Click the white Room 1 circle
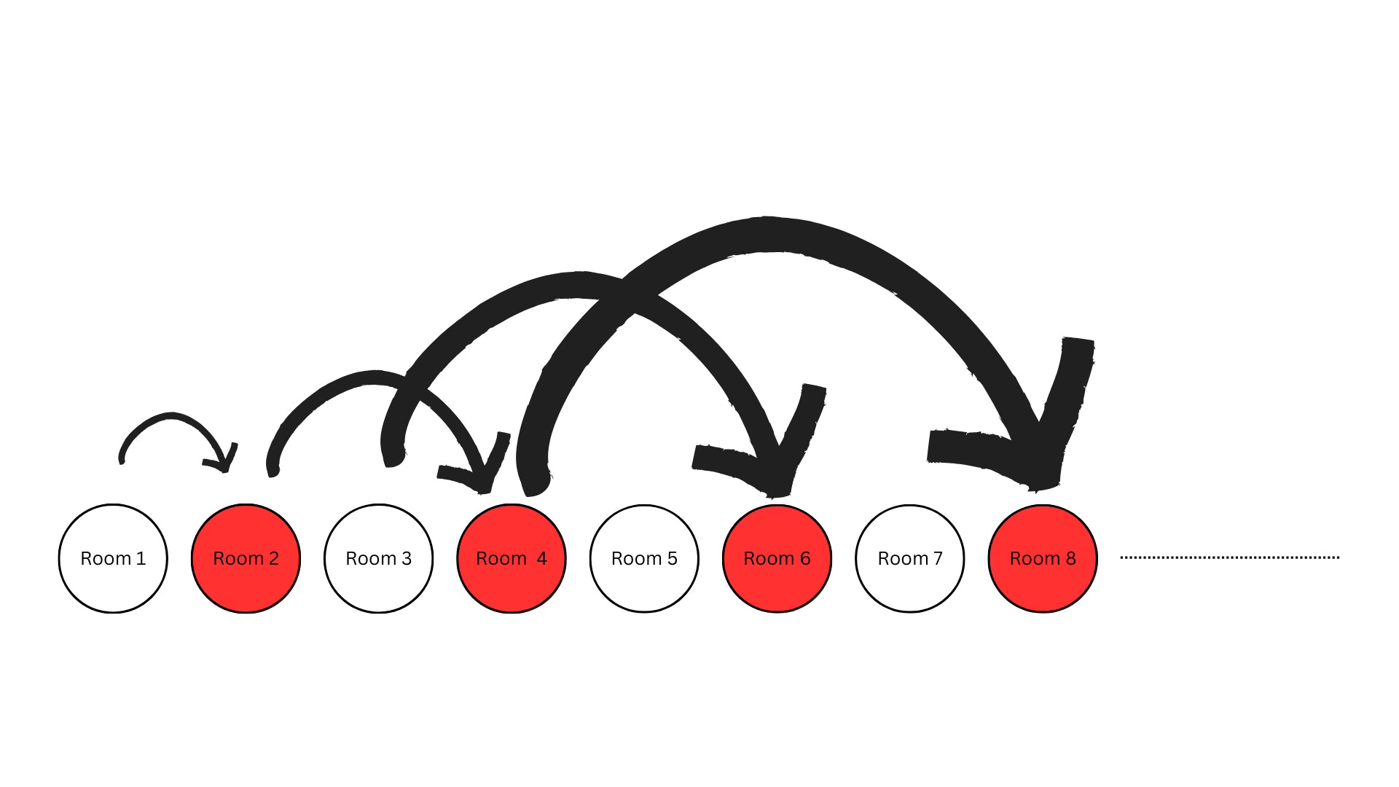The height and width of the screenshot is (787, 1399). (x=113, y=558)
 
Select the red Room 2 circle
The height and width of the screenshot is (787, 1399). (x=246, y=558)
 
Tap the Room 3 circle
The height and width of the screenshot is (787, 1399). (x=378, y=558)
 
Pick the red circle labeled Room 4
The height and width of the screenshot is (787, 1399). (x=511, y=558)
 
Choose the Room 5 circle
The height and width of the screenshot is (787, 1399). (x=644, y=558)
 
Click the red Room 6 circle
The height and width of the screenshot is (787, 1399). (x=777, y=558)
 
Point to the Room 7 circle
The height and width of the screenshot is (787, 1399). (x=909, y=558)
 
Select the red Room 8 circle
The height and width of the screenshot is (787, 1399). (x=1042, y=558)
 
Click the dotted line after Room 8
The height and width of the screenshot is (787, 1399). (x=1229, y=557)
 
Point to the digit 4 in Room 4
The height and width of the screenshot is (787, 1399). (x=541, y=559)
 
